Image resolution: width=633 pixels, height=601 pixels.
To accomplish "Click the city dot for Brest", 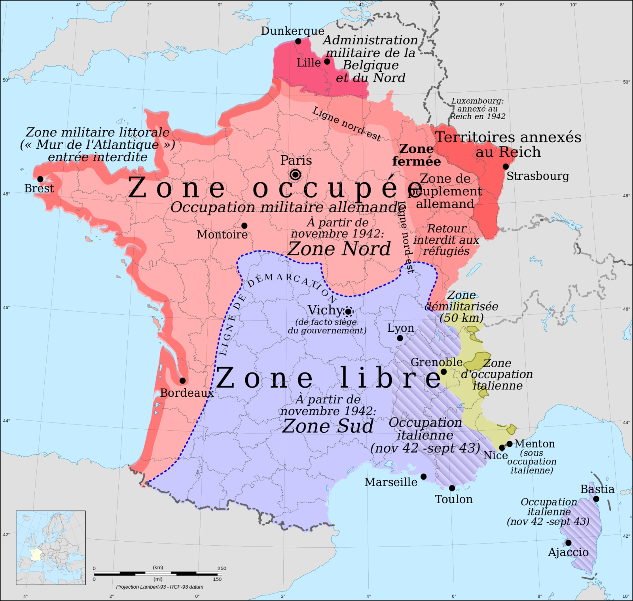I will [x=40, y=179].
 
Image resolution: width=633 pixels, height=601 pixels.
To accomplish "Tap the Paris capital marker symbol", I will [x=295, y=175].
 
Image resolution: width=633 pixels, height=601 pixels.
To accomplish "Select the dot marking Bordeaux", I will [x=182, y=380].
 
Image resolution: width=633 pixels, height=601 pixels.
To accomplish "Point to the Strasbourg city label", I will [x=538, y=176].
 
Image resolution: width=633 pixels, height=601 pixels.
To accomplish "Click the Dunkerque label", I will [x=292, y=31].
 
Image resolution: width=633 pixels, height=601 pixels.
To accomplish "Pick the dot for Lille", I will [x=327, y=61].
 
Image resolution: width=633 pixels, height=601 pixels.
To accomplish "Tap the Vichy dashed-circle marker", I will [x=348, y=312].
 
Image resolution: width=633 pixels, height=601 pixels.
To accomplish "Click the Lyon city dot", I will [x=400, y=338].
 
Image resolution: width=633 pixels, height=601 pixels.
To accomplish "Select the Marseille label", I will [x=391, y=482].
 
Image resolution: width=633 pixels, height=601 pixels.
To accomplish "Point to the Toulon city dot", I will [x=452, y=488].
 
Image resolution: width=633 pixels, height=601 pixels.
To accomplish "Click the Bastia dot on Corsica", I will [x=596, y=499].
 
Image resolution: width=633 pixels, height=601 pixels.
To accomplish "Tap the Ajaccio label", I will [x=568, y=552].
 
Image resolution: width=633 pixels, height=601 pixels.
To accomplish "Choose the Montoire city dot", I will [x=244, y=226].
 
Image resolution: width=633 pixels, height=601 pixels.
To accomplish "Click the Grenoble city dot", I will [x=444, y=372].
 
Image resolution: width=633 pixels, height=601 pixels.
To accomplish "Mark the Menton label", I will [x=534, y=444].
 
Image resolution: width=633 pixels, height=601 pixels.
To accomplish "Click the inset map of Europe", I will [x=51, y=548].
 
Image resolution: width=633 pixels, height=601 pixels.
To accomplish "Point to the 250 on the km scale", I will [x=222, y=568].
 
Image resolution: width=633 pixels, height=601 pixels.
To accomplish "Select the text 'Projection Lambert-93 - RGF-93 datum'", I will [x=160, y=587].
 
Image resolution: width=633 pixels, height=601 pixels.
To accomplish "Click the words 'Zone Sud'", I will [x=328, y=426].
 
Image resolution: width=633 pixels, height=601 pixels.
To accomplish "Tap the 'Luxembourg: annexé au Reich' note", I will [x=478, y=109].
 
